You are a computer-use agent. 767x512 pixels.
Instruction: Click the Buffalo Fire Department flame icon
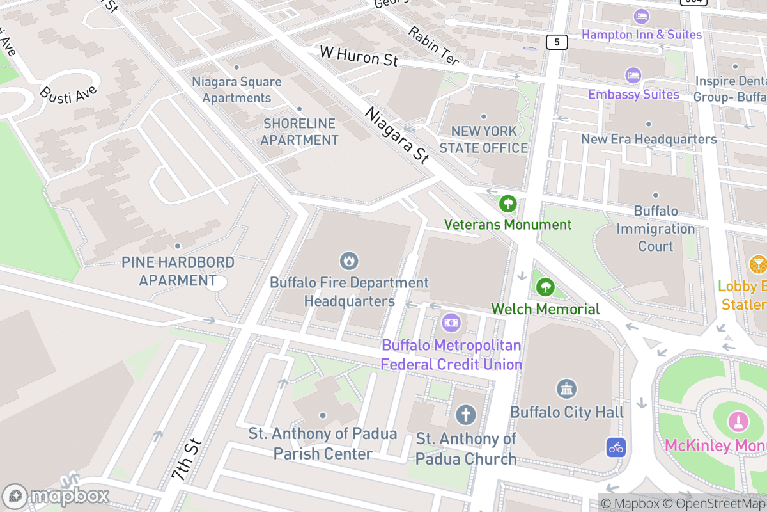pyautogui.click(x=349, y=260)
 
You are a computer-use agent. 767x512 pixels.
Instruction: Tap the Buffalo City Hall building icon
pyautogui.click(x=567, y=388)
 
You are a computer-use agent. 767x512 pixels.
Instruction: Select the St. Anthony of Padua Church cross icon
pyautogui.click(x=466, y=415)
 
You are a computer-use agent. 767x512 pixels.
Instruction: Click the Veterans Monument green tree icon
pyautogui.click(x=508, y=204)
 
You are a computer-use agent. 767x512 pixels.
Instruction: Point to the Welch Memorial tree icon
pyautogui.click(x=545, y=287)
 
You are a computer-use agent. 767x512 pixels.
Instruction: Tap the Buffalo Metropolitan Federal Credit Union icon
pyautogui.click(x=451, y=322)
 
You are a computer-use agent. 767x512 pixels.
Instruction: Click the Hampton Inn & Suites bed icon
pyautogui.click(x=641, y=16)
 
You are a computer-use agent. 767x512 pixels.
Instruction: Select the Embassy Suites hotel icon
pyautogui.click(x=633, y=76)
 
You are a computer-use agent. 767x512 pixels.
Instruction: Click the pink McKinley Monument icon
pyautogui.click(x=738, y=422)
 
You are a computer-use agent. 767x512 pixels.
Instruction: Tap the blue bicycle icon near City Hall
pyautogui.click(x=616, y=447)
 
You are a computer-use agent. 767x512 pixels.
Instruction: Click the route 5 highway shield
pyautogui.click(x=557, y=42)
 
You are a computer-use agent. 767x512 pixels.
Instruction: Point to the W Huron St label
pyautogui.click(x=359, y=56)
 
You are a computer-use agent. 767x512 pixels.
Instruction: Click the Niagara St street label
pyautogui.click(x=396, y=136)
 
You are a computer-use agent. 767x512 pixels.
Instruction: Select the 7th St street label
pyautogui.click(x=187, y=460)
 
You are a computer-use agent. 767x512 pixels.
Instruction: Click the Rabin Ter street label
pyautogui.click(x=434, y=46)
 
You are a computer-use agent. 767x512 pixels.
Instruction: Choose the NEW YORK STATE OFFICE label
pyautogui.click(x=483, y=140)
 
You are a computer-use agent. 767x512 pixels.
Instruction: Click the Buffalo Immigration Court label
pyautogui.click(x=655, y=228)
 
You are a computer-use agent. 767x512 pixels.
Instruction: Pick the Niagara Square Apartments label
pyautogui.click(x=236, y=90)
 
